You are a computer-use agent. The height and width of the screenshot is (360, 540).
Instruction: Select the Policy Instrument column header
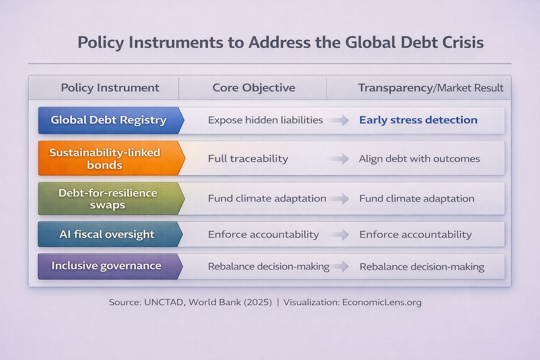[110, 88]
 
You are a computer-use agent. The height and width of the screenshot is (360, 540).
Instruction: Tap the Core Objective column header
[253, 88]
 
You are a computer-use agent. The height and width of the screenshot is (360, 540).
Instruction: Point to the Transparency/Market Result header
[430, 88]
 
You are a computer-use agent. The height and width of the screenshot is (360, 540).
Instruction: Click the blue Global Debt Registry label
[109, 120]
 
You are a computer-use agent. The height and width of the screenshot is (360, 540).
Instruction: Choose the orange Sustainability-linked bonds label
[105, 159]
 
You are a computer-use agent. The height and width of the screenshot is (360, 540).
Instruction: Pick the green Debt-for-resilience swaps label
[108, 199]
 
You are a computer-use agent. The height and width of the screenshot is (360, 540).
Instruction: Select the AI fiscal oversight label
[107, 234]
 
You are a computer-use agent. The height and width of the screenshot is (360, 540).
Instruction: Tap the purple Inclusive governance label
[106, 266]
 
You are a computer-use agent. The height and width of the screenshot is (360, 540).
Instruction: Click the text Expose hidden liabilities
[265, 120]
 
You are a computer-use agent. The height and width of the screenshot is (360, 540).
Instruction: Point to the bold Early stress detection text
[418, 120]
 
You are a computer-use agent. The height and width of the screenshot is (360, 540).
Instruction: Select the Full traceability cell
[248, 159]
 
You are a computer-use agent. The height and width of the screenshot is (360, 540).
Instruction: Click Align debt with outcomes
[419, 159]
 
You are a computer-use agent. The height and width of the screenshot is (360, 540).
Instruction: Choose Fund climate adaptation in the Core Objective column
[267, 199]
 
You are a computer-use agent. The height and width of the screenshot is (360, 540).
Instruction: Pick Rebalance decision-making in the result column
[422, 267]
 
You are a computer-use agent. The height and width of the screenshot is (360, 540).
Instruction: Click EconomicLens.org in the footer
[381, 302]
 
